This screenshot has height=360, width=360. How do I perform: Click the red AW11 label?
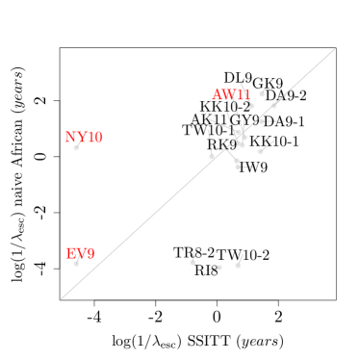[231, 94]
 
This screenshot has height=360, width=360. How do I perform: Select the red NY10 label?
[84, 137]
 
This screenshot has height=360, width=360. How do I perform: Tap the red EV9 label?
[81, 254]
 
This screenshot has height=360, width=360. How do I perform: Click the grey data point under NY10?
[76, 147]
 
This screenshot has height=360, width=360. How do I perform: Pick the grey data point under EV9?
[76, 263]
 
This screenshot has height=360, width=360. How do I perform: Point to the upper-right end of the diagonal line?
[336, 48]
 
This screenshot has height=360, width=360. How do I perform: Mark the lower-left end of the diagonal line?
[61, 298]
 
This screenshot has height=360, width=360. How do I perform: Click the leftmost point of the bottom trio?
[193, 262]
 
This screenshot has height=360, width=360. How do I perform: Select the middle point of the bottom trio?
[219, 268]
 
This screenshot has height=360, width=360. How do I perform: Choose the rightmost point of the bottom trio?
[238, 265]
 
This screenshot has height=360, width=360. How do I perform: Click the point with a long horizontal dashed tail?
[262, 121]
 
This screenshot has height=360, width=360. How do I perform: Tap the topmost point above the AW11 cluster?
[261, 93]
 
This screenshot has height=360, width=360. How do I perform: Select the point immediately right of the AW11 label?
[251, 105]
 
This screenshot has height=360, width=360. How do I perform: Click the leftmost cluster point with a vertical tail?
[212, 156]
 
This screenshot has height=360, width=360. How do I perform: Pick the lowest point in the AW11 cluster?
[238, 167]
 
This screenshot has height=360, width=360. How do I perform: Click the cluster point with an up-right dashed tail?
[260, 151]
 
